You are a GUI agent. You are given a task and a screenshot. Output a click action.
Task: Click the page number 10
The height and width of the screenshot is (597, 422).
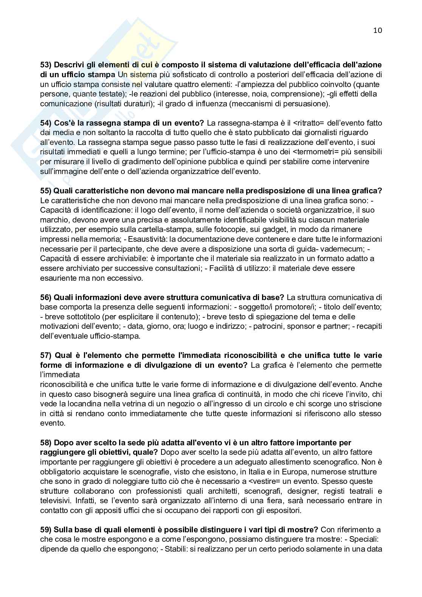(377, 30)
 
